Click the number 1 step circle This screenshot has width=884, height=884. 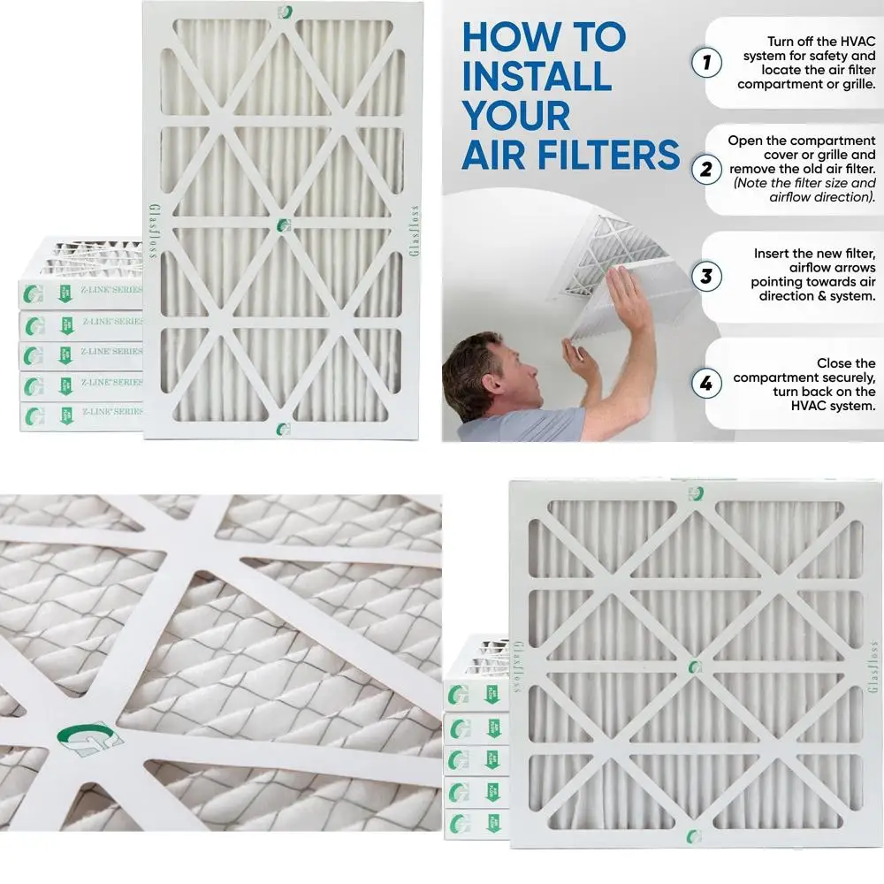click(705, 62)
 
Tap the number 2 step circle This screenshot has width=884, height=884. click(705, 169)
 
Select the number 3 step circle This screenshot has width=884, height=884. click(705, 276)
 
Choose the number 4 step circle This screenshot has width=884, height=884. click(705, 384)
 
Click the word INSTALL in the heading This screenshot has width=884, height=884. click(536, 77)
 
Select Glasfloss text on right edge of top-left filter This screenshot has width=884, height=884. click(415, 232)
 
